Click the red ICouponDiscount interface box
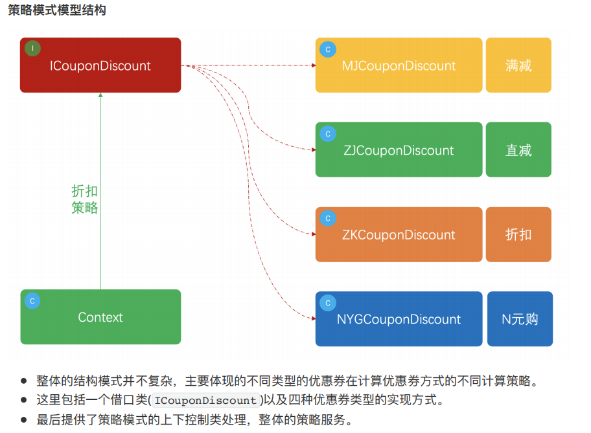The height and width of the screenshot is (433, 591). pos(100,65)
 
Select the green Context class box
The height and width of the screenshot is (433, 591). pos(100,317)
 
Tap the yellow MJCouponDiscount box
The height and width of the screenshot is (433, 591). pos(399,65)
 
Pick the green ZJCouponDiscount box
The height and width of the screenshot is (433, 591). pos(399,150)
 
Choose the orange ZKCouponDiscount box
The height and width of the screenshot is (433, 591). pos(399,234)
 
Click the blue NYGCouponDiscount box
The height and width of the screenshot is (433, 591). pos(399,319)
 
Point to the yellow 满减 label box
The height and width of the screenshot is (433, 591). pos(518,65)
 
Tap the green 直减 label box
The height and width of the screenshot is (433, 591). pos(518,150)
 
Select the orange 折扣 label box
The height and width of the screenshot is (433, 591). pos(518,234)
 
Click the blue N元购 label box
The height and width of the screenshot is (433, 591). pos(520,319)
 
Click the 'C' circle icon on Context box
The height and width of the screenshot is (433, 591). pos(32,300)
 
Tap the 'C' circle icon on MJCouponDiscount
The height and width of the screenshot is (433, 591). pos(328,49)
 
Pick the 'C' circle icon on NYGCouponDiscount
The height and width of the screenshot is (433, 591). pos(328,303)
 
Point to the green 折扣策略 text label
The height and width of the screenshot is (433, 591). pos(85,199)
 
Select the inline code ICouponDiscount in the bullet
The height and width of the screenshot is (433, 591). pos(205,401)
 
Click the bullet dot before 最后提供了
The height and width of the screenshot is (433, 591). pos(24,421)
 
